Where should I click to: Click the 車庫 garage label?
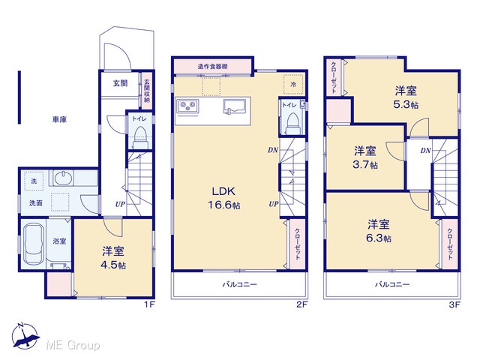pyautogui.click(x=59, y=119)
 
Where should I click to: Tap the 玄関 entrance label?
pyautogui.click(x=120, y=83)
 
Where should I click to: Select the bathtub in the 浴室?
pyautogui.click(x=33, y=244)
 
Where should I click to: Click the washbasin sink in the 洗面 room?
pyautogui.click(x=64, y=178)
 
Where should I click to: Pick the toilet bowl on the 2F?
pyautogui.click(x=293, y=123)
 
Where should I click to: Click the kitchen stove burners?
pyautogui.click(x=187, y=106)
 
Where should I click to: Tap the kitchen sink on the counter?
pyautogui.click(x=236, y=106)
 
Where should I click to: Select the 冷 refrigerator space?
pyautogui.click(x=293, y=84)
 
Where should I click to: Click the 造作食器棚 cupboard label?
pyautogui.click(x=212, y=67)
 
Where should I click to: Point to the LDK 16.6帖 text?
pyautogui.click(x=224, y=198)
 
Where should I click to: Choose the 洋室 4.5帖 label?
pyautogui.click(x=113, y=257)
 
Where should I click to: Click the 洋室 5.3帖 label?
pyautogui.click(x=406, y=97)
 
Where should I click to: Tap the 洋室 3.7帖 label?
pyautogui.click(x=365, y=157)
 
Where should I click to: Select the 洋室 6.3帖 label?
pyautogui.click(x=379, y=231)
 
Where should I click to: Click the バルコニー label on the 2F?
pyautogui.click(x=240, y=284)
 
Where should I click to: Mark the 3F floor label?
pyautogui.click(x=455, y=304)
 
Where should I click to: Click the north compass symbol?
pyautogui.click(x=25, y=336)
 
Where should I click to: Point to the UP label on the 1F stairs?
pyautogui.click(x=120, y=204)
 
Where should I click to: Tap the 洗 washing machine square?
pyautogui.click(x=34, y=181)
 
